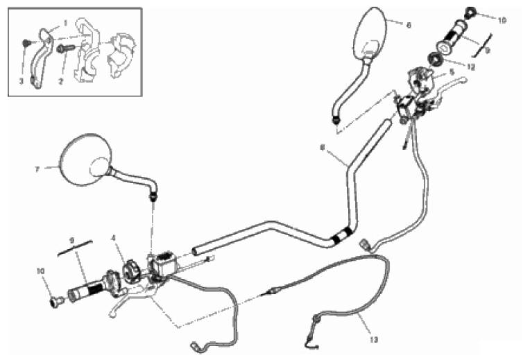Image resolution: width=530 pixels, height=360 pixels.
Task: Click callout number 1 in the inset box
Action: (66, 23)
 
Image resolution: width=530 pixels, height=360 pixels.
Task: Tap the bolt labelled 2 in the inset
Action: (65, 49)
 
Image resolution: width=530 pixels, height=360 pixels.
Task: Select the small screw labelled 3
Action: (26, 43)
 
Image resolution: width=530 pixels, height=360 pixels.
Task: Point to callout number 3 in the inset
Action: (22, 81)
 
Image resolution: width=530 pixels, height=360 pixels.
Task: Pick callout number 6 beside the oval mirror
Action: (409, 26)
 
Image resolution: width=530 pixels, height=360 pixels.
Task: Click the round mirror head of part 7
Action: (85, 160)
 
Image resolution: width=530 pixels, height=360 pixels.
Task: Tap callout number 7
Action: (37, 169)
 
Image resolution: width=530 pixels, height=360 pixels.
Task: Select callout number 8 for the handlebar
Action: (322, 148)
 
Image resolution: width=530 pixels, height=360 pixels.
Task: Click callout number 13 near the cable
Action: (373, 339)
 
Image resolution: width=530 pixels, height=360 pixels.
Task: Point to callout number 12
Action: (471, 67)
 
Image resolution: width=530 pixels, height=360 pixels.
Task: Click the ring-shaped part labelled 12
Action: (435, 60)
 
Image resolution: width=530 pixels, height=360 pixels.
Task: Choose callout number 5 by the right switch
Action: (452, 72)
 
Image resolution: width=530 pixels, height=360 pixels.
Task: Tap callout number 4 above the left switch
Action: (113, 239)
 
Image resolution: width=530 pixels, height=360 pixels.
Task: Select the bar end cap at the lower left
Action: (56, 301)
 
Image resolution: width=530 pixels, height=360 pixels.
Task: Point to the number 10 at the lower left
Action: (41, 271)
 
